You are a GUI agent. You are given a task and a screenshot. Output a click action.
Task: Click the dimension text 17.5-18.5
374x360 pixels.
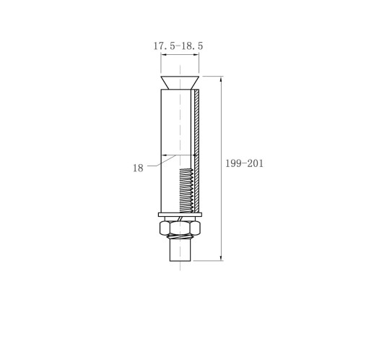178,46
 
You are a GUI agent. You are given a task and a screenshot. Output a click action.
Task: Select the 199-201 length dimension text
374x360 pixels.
244,163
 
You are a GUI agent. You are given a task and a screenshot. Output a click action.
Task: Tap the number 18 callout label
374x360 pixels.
138,168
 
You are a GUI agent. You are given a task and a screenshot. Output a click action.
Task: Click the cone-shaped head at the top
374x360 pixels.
180,82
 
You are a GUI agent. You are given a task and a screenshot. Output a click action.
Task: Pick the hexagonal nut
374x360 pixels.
180,228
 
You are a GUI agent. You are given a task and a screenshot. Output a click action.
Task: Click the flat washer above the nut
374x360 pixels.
180,215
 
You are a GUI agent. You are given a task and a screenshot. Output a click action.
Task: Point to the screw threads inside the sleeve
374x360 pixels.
186,190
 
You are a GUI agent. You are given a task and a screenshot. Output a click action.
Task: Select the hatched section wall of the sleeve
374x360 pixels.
197,151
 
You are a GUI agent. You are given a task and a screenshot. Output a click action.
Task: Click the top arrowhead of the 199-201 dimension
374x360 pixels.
221,79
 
